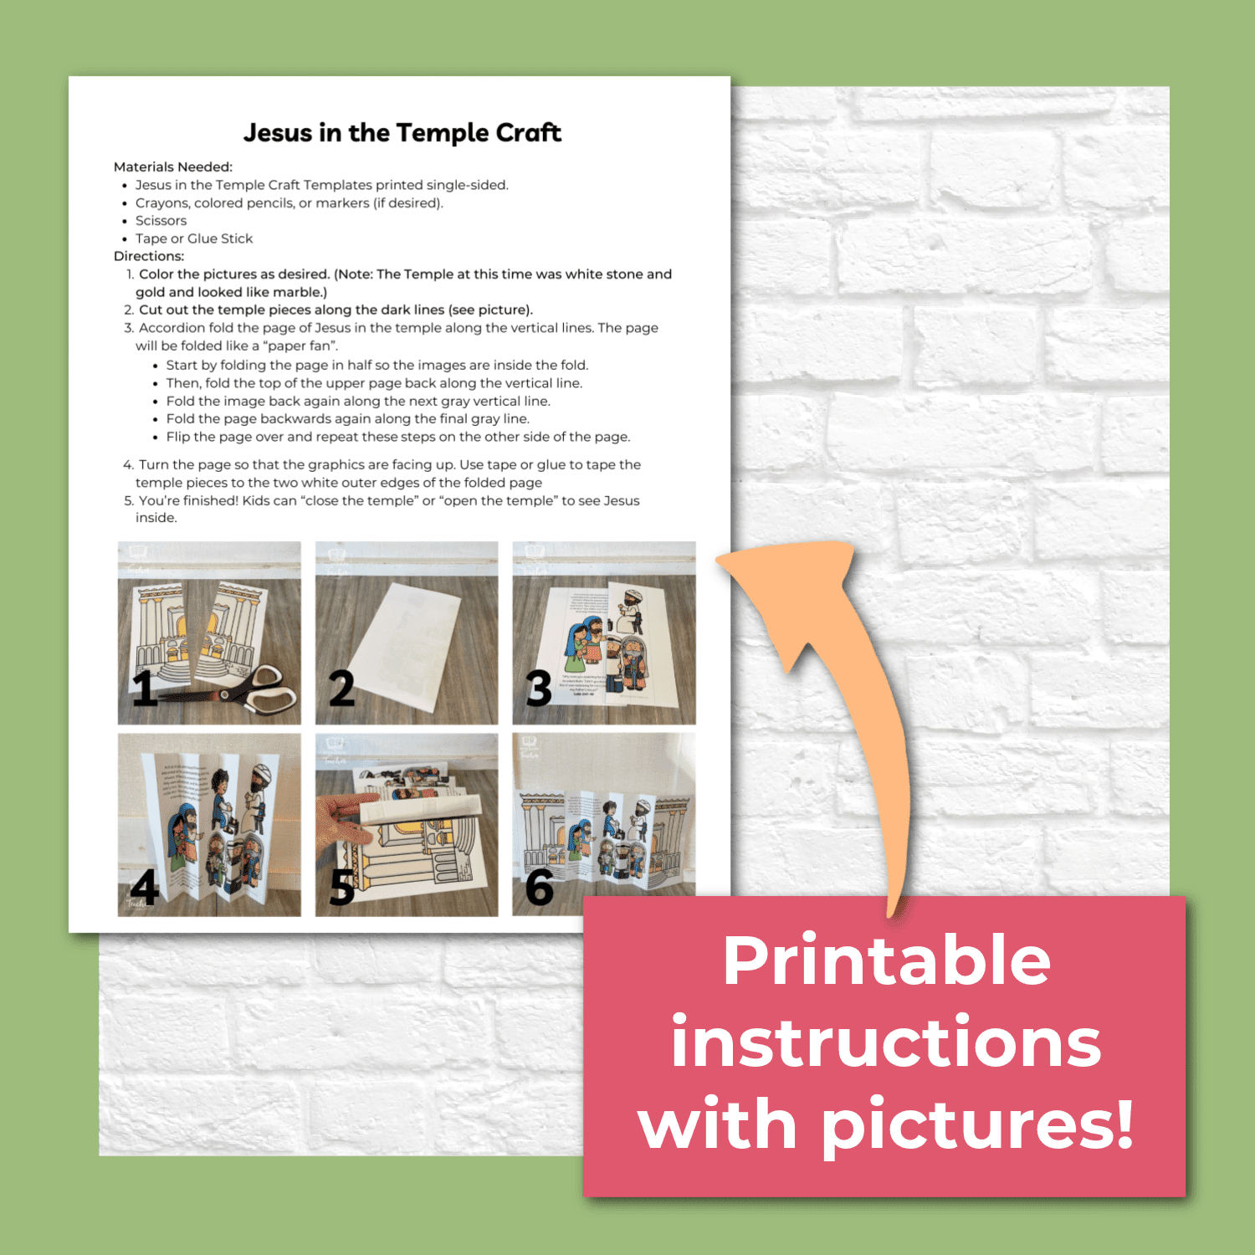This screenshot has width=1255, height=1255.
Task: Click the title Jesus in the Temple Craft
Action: coord(402,133)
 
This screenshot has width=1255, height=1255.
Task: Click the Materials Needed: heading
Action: coord(173,167)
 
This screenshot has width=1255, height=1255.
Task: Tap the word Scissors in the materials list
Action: coord(161,221)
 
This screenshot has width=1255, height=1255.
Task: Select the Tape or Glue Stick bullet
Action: coord(193,238)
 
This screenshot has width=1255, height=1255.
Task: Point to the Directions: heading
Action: coord(149,256)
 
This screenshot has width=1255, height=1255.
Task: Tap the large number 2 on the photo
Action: coord(341,688)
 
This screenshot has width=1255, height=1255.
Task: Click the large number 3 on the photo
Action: coord(539,688)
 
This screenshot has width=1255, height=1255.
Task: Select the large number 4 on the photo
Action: coord(145,887)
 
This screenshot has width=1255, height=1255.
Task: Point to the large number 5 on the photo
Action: coord(342,887)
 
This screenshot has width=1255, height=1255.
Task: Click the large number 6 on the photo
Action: coord(540,887)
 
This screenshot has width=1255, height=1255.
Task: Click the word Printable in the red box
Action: coord(886,962)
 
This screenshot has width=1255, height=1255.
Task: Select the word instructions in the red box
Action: coord(886,1042)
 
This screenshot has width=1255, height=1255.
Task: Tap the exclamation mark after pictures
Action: coord(1123,1123)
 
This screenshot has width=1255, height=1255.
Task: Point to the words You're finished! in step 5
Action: coord(188,501)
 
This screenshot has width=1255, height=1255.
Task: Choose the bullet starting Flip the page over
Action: coord(397,437)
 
